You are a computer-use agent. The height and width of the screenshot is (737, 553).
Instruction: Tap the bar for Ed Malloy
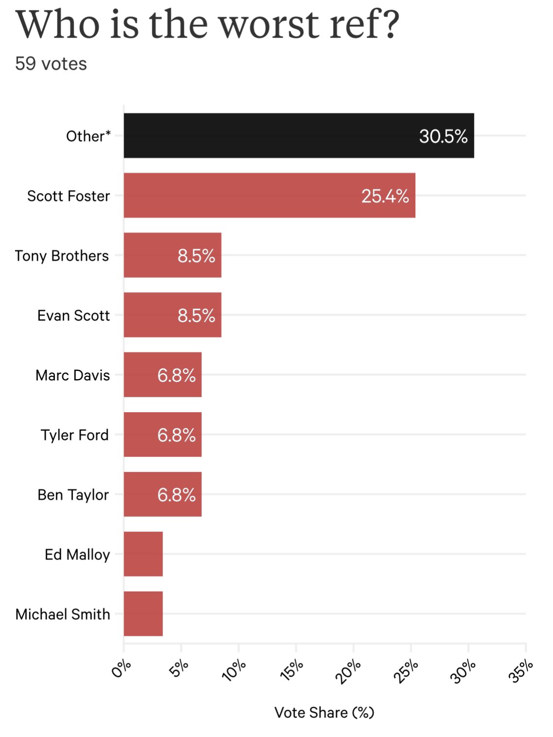[143, 554]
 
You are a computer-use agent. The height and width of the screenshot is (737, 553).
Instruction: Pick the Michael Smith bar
[143, 614]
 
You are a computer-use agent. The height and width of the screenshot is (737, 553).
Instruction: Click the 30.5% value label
[443, 136]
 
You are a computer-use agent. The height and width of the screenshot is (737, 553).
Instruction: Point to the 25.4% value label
[385, 196]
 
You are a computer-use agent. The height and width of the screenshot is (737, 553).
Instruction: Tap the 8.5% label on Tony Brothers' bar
[196, 256]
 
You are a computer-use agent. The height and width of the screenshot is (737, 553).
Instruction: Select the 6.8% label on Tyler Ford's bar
[176, 435]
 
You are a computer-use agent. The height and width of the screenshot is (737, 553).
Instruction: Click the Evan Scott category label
[73, 316]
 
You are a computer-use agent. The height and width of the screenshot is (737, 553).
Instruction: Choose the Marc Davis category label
[72, 375]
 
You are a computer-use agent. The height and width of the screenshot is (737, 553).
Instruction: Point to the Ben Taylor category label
[73, 495]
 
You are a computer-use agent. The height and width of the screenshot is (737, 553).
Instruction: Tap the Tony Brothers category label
[62, 256]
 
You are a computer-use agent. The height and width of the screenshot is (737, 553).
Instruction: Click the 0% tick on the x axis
[121, 669]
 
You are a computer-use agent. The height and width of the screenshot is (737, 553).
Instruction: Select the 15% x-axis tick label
[292, 670]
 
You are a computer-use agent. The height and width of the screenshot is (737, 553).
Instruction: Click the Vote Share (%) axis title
[324, 713]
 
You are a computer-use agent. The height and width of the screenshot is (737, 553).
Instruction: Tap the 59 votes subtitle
[51, 64]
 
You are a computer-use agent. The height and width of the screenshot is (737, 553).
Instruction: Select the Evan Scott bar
[172, 315]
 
